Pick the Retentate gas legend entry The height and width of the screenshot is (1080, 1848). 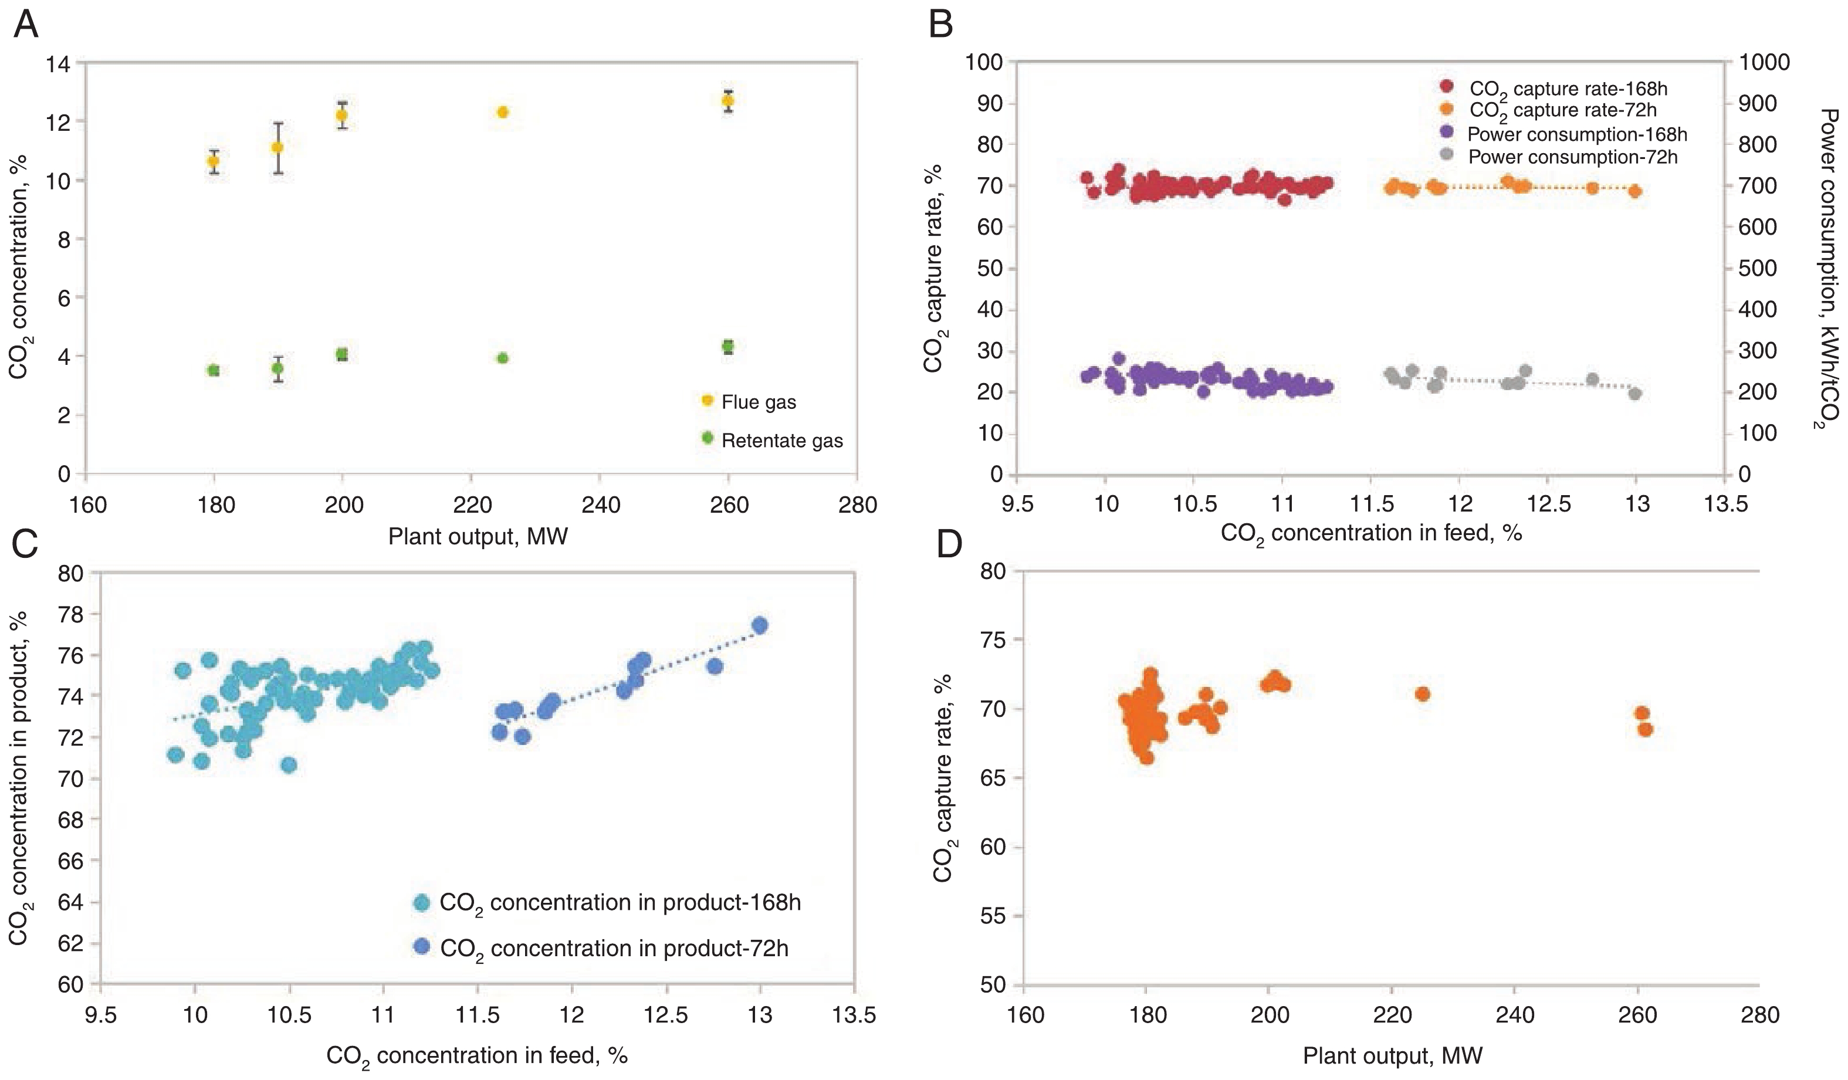[781, 441]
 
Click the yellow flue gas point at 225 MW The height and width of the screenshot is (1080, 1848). [502, 112]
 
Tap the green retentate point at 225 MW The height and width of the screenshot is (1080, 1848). [502, 358]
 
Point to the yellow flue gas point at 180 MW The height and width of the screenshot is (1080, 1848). [214, 161]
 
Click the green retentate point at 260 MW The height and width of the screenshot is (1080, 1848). [727, 346]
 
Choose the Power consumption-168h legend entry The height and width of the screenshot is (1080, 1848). [1577, 134]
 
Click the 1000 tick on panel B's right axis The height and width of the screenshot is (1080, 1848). [1764, 62]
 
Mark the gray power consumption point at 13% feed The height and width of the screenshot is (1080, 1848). [1634, 394]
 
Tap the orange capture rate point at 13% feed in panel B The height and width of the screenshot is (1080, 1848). [1634, 191]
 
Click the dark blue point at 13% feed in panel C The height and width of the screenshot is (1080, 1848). [760, 625]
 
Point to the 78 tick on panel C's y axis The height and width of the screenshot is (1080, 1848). [71, 614]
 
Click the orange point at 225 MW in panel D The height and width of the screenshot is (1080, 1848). [1422, 693]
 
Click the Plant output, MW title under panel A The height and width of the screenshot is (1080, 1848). [478, 537]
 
